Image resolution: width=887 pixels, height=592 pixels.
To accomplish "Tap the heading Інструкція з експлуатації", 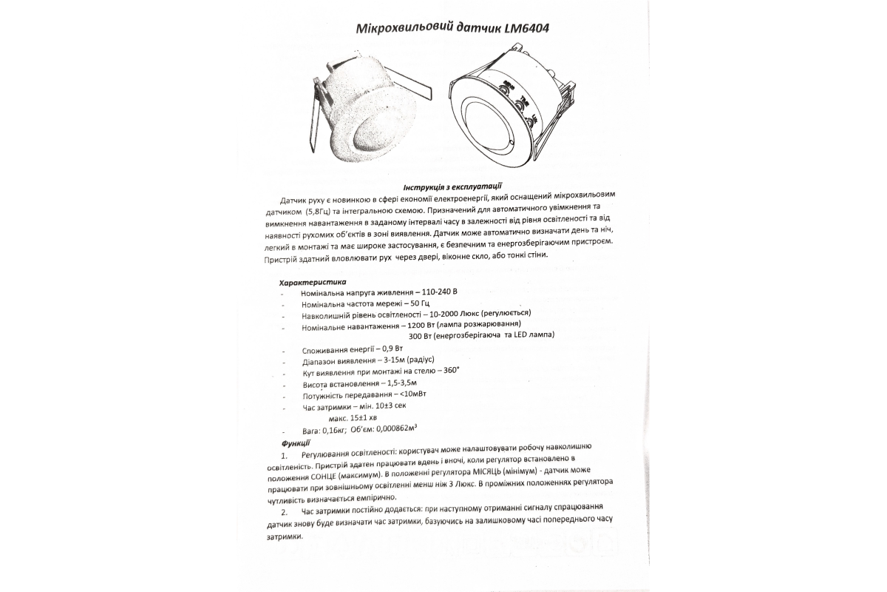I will point(453,186).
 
